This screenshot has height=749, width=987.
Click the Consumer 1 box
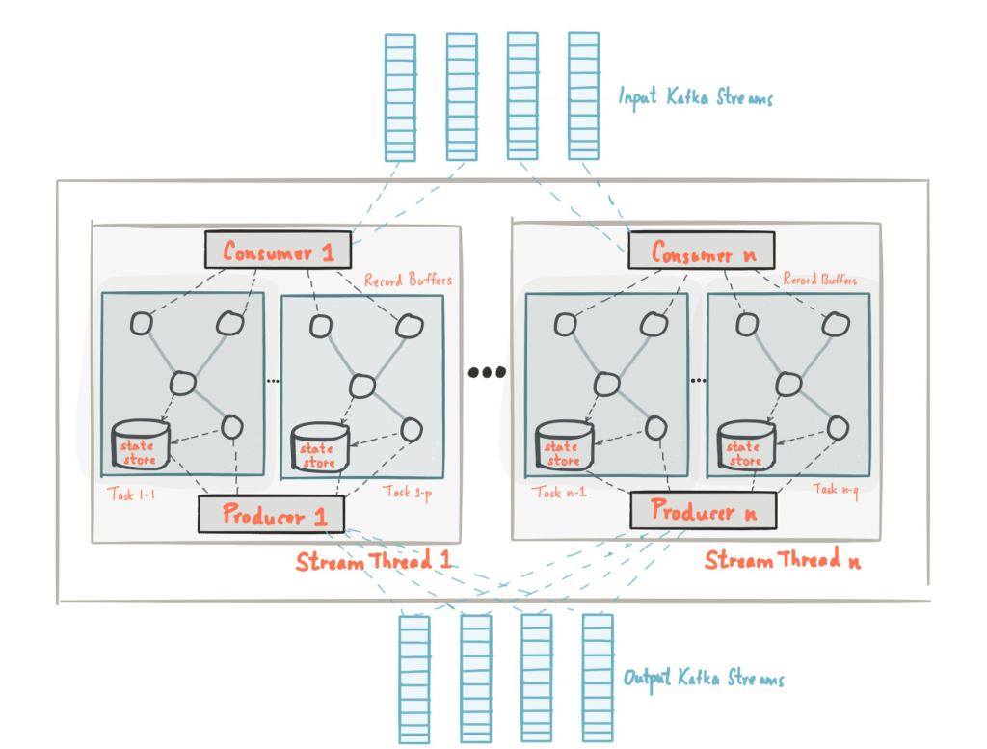click(279, 252)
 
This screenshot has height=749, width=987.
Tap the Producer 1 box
click(271, 515)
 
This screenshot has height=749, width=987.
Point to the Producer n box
click(703, 511)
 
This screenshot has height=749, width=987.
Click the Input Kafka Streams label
click(696, 96)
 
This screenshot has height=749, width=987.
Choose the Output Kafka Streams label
click(704, 678)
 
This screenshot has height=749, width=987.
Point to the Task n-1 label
click(558, 493)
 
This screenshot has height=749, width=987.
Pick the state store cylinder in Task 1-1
click(138, 445)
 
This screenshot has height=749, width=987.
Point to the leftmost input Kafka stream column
click(400, 96)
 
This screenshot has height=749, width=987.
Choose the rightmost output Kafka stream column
click(598, 679)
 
